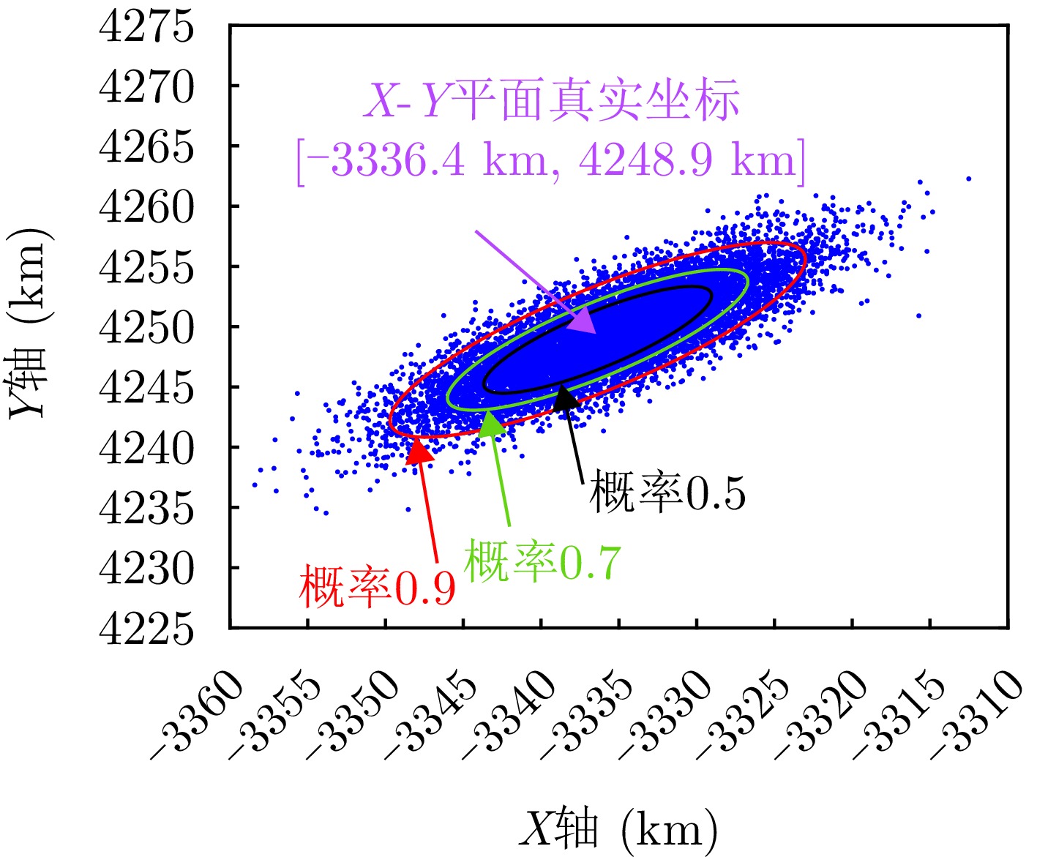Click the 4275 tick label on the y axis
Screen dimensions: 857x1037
coord(146,26)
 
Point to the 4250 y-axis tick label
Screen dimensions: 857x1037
coord(146,327)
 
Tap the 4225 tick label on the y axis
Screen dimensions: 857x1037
coord(146,628)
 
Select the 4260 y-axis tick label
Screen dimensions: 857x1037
coord(146,207)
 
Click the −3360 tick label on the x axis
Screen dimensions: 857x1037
coord(198,714)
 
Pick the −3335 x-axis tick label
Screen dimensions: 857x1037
coord(586,714)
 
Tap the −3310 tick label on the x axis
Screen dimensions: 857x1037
coord(976,714)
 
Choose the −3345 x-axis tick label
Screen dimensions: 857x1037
coord(430,714)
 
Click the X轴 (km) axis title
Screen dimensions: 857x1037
coord(618,829)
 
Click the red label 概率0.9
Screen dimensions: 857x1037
coord(377,586)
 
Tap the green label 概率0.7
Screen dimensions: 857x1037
coord(542,562)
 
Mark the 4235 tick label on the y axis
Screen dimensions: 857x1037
coord(146,508)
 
